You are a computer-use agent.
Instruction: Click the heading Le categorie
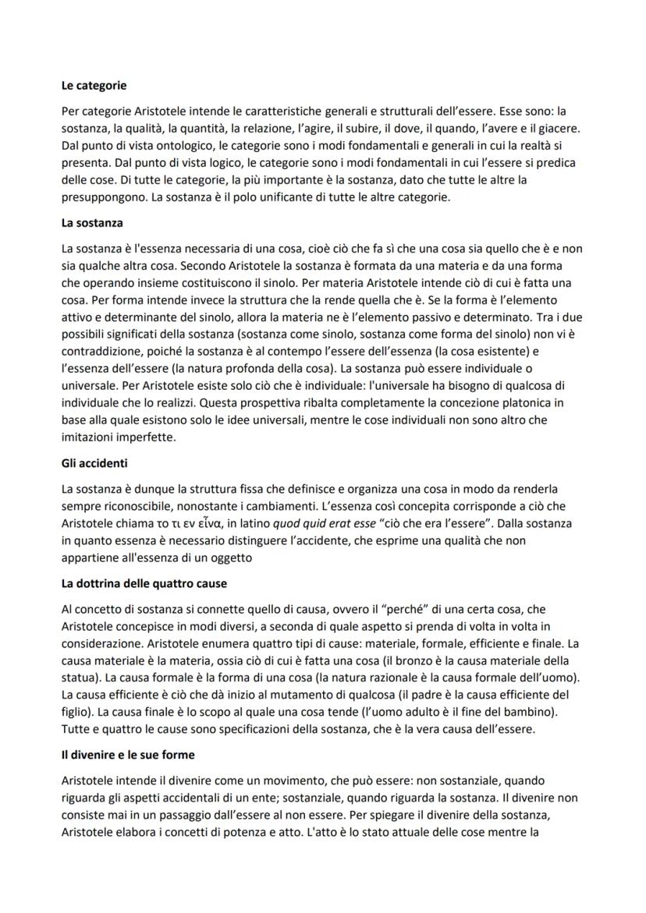pos(94,85)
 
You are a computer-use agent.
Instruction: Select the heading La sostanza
pos(92,223)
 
